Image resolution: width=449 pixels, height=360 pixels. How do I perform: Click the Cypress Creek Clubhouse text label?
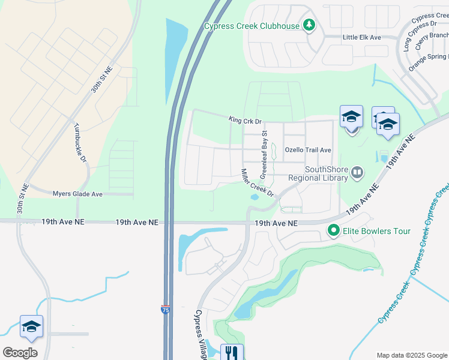coord(252,26)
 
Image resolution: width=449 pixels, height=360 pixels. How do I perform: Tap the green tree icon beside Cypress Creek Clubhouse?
coord(309,25)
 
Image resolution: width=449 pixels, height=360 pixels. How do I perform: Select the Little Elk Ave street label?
coord(362,37)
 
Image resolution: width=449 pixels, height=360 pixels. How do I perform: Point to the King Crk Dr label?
coord(246,121)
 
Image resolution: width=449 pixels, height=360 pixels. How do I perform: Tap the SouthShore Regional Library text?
coord(318,173)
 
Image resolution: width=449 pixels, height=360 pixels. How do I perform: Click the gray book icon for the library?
coord(357,173)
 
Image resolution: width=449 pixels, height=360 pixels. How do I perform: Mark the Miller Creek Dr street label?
coord(257,184)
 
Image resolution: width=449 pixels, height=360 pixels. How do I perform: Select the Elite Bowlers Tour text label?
coord(377,230)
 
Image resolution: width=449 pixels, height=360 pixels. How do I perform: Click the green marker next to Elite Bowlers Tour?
coord(333,230)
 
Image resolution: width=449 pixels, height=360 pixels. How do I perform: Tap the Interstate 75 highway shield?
coord(165,310)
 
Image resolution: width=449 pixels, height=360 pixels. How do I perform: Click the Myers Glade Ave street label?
coord(77,194)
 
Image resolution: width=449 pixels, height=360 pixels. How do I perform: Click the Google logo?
coord(20,352)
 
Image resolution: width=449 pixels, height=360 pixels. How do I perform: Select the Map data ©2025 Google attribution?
coord(411,355)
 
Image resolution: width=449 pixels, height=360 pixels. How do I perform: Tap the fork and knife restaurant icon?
coord(232,352)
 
